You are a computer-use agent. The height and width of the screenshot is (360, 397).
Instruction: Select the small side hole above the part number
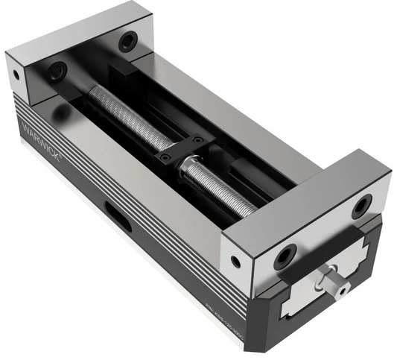[x=236, y=262]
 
